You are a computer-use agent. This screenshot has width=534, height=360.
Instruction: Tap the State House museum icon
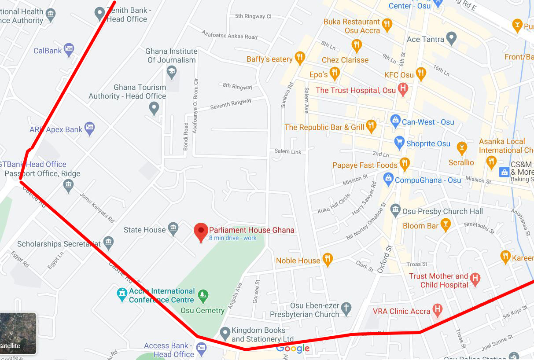click(x=173, y=228)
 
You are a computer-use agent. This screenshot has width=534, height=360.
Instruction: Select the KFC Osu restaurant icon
click(x=421, y=73)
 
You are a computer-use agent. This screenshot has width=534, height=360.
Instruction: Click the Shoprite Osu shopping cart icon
click(x=399, y=142)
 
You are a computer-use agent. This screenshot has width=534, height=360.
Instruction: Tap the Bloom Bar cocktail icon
click(x=446, y=224)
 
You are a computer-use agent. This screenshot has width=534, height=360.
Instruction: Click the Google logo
click(x=293, y=349)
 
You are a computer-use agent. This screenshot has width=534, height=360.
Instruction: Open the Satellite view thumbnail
click(x=18, y=333)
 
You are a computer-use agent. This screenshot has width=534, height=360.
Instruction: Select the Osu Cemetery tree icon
click(x=203, y=296)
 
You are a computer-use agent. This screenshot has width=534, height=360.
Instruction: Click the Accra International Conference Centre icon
click(x=122, y=294)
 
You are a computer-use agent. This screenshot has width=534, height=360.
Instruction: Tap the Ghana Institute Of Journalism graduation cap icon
click(x=172, y=71)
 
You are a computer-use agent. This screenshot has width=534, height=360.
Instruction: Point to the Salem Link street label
click(x=288, y=151)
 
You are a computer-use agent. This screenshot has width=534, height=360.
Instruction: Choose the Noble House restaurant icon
click(x=327, y=259)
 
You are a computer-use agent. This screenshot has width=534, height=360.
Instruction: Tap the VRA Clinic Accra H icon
click(x=437, y=310)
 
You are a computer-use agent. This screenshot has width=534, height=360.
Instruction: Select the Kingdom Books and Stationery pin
click(x=225, y=333)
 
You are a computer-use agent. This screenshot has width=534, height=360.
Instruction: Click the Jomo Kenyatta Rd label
click(x=97, y=207)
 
